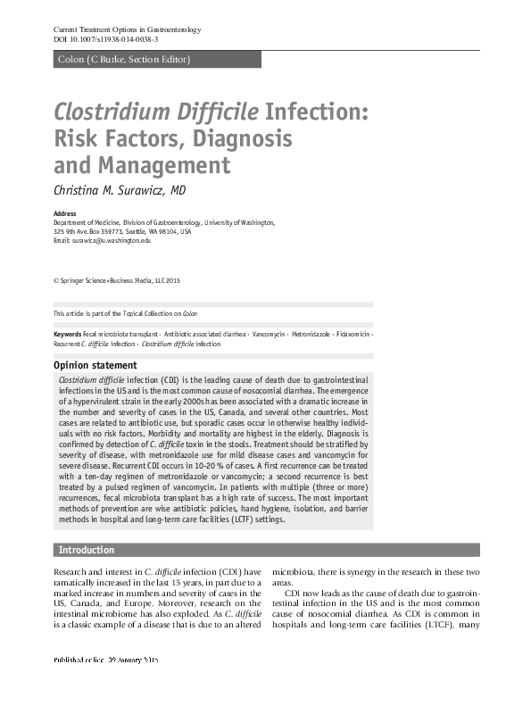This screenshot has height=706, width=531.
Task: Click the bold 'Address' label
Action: [64, 214]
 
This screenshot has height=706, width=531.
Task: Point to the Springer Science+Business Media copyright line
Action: [117, 281]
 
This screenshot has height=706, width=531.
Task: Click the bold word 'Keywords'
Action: [68, 334]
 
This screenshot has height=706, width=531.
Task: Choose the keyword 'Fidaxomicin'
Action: [355, 334]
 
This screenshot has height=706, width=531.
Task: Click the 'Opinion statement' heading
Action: [95, 365]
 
